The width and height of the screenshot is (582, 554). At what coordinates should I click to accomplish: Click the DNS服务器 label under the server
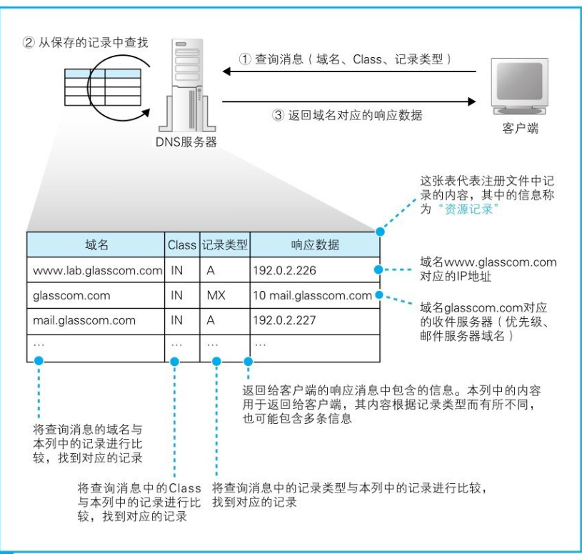click(185, 143)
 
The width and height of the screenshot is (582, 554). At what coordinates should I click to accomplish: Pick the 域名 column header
click(96, 245)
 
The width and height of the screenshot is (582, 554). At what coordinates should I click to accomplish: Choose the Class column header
click(181, 245)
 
